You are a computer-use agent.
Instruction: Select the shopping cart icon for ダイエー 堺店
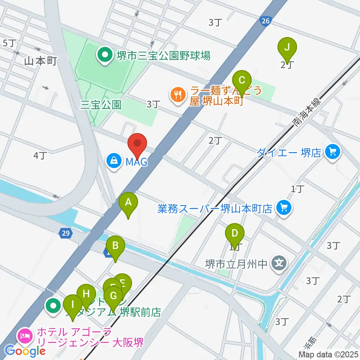tap(332, 152)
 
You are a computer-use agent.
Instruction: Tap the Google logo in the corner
tap(26, 351)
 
